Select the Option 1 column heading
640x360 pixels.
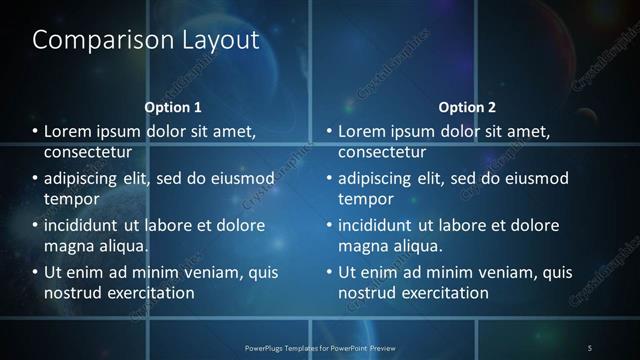(173, 107)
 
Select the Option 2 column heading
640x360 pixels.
(467, 107)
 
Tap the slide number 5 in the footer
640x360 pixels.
(590, 347)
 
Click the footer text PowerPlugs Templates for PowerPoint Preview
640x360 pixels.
(320, 347)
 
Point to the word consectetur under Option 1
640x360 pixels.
(88, 152)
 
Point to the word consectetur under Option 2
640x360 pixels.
(382, 152)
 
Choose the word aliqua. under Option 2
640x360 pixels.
(416, 245)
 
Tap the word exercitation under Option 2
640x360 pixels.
(441, 292)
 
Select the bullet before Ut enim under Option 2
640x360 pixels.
(329, 272)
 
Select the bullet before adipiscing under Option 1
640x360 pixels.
(35, 179)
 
